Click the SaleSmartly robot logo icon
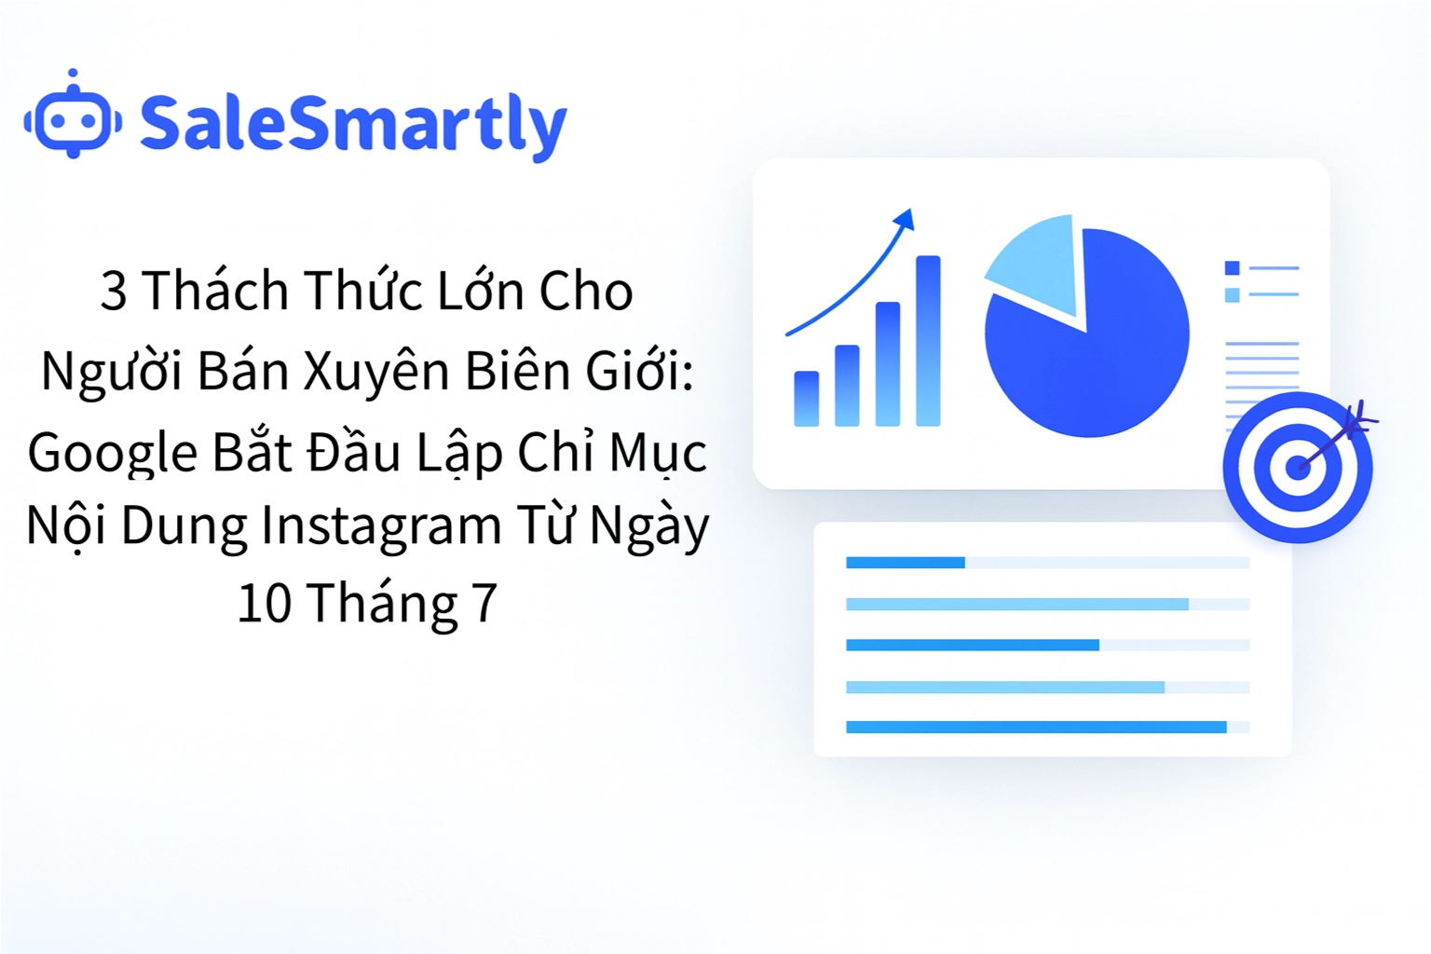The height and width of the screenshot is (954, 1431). [x=73, y=118]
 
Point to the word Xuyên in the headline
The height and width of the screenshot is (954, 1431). [x=377, y=372]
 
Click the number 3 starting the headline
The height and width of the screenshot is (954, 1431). [x=113, y=292]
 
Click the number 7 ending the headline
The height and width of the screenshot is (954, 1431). [x=484, y=604]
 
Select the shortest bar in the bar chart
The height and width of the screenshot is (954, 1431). [x=806, y=399]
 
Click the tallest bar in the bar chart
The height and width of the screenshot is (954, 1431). [x=928, y=341]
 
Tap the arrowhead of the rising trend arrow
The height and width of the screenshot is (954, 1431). [x=905, y=220]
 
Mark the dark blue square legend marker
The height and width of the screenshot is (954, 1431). [x=1232, y=268]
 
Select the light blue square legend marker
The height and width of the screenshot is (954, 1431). [x=1232, y=295]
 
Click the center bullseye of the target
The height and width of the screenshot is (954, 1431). [x=1297, y=468]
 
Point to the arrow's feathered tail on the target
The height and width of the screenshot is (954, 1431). [x=1358, y=419]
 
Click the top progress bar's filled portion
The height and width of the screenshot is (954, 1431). [x=905, y=563]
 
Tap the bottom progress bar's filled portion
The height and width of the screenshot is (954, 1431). [x=1035, y=727]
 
